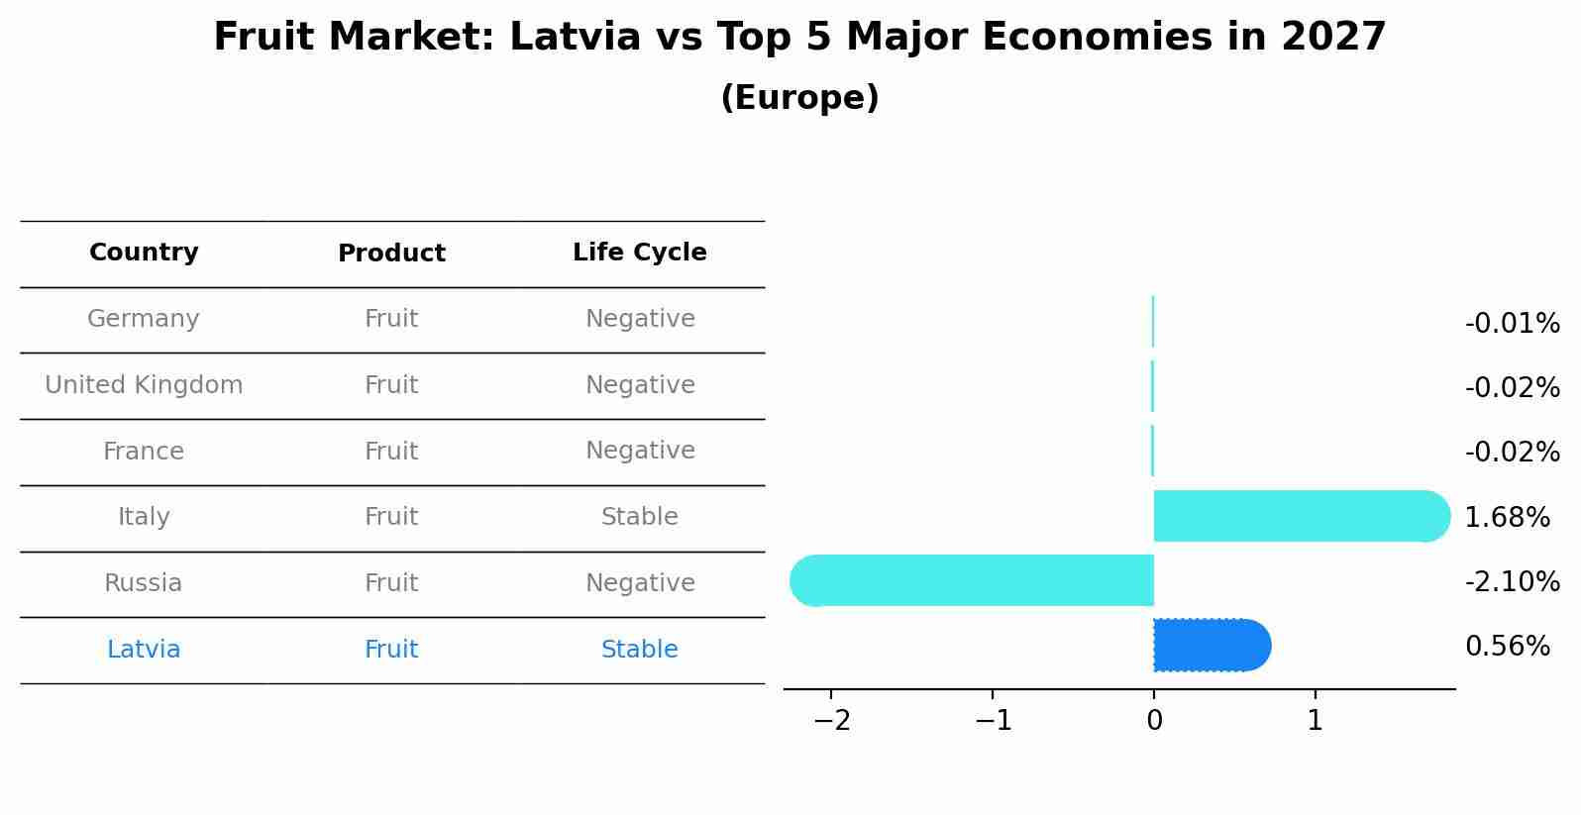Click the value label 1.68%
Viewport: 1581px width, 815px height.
coord(1507,517)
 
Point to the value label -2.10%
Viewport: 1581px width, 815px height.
coord(1512,581)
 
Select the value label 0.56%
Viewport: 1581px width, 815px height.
coord(1507,647)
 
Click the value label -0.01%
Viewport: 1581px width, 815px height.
coord(1512,324)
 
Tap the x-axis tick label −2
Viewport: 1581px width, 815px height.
coord(831,721)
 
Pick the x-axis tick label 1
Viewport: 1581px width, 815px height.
coord(1315,721)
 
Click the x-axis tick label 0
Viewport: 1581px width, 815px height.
coord(1154,721)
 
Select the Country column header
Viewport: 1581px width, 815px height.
coord(144,253)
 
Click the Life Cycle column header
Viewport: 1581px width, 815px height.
coord(639,253)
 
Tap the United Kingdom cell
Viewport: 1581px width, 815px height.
coord(144,385)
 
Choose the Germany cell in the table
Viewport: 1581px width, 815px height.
coord(144,319)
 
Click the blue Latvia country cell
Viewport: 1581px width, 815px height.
coord(144,650)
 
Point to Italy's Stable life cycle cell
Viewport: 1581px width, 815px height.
coord(639,517)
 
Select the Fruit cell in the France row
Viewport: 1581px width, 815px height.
coord(391,452)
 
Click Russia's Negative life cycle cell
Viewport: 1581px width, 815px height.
coord(639,583)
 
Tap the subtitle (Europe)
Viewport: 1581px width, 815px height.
coord(799,98)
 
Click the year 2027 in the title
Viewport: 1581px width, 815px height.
coord(1333,38)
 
